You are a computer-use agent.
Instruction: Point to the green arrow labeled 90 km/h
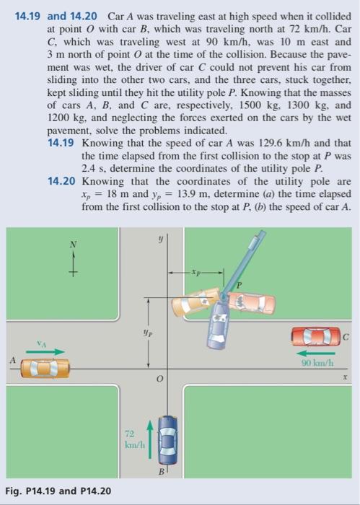[x=316, y=352]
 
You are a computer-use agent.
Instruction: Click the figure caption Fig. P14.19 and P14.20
[x=58, y=491]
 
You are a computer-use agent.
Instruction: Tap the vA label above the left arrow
[x=43, y=343]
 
